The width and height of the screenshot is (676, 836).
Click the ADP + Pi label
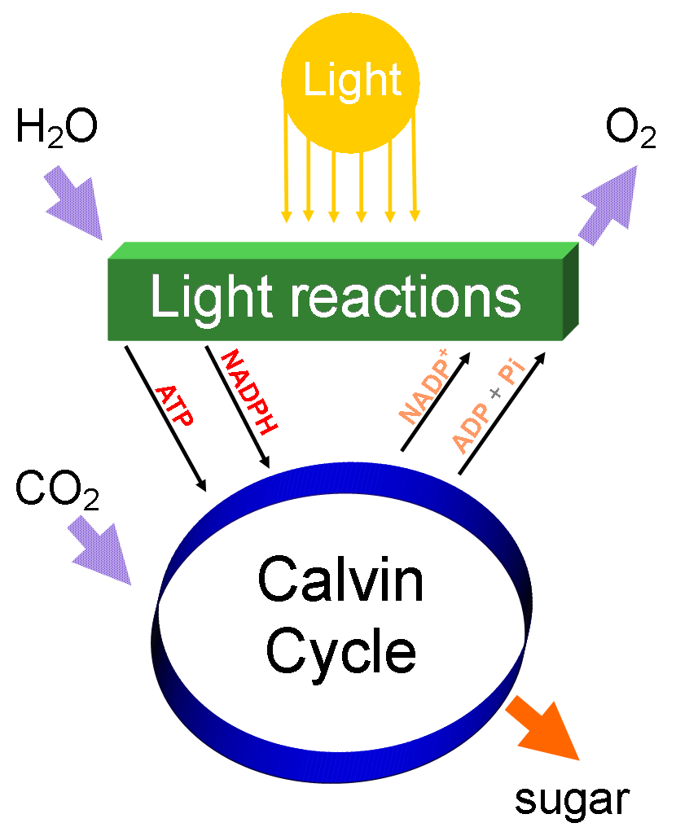coord(487,408)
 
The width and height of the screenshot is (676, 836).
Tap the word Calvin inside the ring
coord(341,580)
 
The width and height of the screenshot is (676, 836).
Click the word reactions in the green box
coord(395,298)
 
